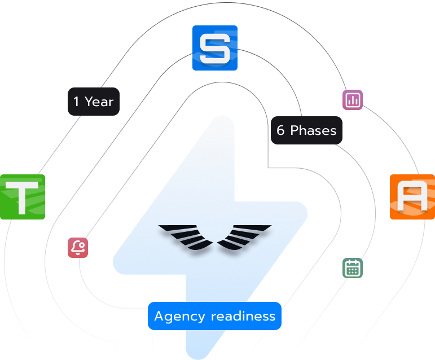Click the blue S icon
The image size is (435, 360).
(215, 48)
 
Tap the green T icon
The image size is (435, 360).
(23, 197)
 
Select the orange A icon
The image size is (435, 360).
(412, 197)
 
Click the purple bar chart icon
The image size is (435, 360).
(353, 100)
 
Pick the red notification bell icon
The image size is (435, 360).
(78, 248)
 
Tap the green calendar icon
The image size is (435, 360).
(353, 268)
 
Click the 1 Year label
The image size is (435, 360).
(94, 102)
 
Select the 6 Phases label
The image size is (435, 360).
(306, 130)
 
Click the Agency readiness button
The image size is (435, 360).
(214, 316)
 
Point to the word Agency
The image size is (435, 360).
(179, 317)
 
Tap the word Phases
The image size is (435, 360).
(313, 130)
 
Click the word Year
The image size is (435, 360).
(99, 102)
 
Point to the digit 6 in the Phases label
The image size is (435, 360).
(280, 130)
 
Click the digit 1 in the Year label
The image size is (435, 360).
(76, 102)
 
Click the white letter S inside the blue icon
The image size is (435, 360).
(215, 48)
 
